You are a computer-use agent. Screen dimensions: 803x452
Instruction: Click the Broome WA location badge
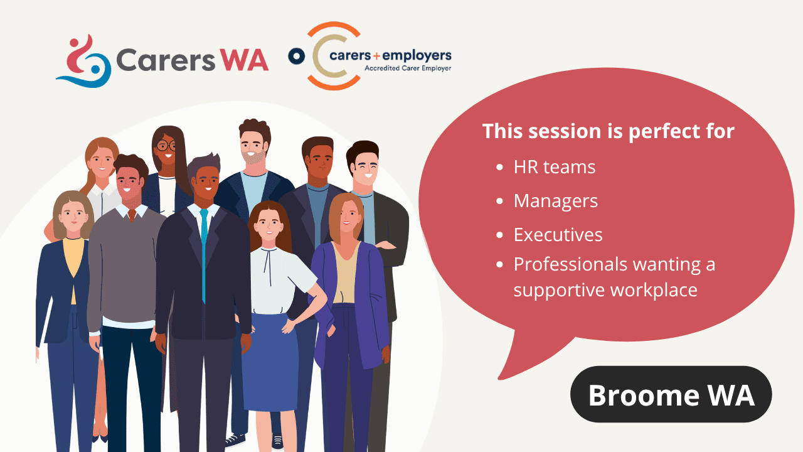tap(671, 394)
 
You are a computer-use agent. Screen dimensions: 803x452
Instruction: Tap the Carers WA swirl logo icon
tap(84, 61)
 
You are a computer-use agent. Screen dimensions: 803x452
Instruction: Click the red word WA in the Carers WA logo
tap(244, 60)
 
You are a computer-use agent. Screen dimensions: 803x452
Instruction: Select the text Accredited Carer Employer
tap(408, 68)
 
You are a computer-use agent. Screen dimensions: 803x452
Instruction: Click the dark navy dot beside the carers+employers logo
tap(297, 56)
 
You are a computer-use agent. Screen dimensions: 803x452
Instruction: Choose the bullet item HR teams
tap(554, 167)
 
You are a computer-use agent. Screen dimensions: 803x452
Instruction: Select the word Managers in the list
tap(556, 201)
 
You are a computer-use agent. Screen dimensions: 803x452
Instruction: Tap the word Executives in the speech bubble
tap(558, 235)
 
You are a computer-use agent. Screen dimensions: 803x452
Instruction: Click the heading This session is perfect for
tap(609, 131)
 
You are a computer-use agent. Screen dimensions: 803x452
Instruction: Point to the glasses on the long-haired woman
tap(166, 146)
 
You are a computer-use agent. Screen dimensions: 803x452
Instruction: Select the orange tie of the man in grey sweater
tap(132, 215)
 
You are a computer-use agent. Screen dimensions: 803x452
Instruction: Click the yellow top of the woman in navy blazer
tap(74, 262)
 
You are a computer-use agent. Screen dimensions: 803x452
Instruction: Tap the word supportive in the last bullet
tap(560, 290)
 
